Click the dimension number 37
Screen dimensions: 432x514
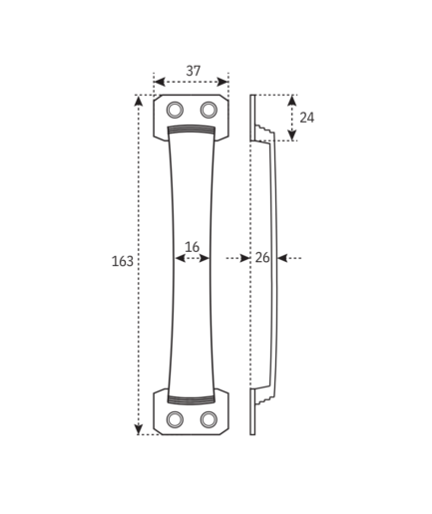tap(194, 71)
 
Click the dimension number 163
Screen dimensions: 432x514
tap(123, 261)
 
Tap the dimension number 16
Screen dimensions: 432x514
tap(192, 247)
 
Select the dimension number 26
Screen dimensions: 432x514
tap(262, 258)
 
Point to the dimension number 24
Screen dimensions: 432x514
tap(306, 118)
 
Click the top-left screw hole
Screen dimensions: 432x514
tap(175, 110)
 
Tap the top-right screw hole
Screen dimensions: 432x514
tap(209, 110)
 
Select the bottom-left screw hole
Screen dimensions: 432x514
tap(175, 419)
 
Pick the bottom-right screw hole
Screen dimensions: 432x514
tap(209, 419)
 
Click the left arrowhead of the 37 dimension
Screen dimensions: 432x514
tap(160, 82)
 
